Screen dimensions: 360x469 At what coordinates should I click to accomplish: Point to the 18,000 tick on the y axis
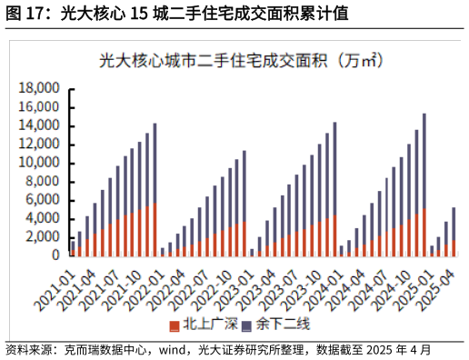(40, 88)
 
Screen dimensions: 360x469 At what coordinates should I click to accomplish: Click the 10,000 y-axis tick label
(40, 163)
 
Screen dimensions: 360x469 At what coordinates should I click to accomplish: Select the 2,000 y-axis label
(44, 237)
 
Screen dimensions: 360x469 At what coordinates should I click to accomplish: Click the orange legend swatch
(174, 325)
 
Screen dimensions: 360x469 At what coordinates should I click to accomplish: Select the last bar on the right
(454, 232)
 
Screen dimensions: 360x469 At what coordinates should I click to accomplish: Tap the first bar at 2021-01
(73, 248)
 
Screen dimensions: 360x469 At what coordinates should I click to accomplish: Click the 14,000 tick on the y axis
(40, 125)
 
